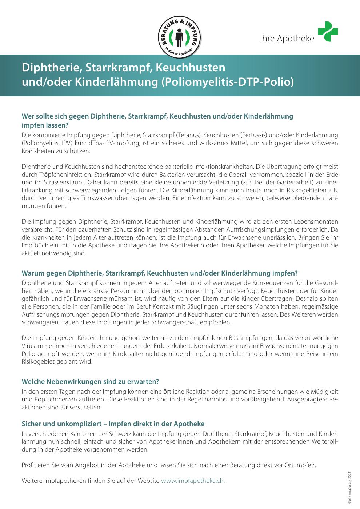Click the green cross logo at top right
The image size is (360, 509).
(x=328, y=32)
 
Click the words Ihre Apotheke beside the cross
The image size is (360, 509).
(x=287, y=38)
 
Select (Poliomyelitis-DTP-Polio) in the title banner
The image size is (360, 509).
(x=227, y=82)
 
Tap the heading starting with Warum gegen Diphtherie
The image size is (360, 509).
(x=160, y=273)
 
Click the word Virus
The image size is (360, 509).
(x=28, y=346)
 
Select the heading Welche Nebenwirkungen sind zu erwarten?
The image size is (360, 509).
(x=91, y=382)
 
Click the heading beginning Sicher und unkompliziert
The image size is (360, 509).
(x=113, y=424)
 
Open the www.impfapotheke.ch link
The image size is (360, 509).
(x=193, y=481)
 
